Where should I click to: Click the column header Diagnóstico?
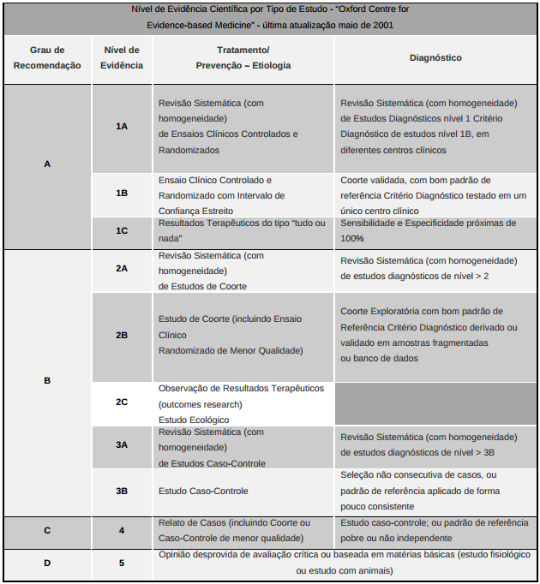click(x=435, y=58)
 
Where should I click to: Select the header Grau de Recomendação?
click(x=47, y=57)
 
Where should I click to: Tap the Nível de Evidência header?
click(x=121, y=57)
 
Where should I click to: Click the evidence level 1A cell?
click(x=122, y=126)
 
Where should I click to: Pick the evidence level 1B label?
click(x=122, y=194)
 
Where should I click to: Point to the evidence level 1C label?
click(x=122, y=231)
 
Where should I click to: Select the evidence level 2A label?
click(x=122, y=268)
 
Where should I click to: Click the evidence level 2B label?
click(x=122, y=335)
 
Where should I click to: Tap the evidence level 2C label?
click(x=122, y=402)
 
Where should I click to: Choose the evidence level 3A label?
click(x=122, y=445)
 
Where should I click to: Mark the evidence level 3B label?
click(x=122, y=491)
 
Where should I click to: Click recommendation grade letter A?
click(x=47, y=164)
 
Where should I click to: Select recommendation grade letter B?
click(x=47, y=381)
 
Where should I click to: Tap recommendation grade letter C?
click(x=47, y=530)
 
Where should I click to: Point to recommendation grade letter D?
click(x=47, y=563)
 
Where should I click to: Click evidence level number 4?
click(x=122, y=530)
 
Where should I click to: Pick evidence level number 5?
click(x=122, y=563)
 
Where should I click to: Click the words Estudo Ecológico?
click(x=194, y=420)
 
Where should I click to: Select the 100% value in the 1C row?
click(x=352, y=238)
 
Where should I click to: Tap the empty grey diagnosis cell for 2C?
click(x=435, y=402)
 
